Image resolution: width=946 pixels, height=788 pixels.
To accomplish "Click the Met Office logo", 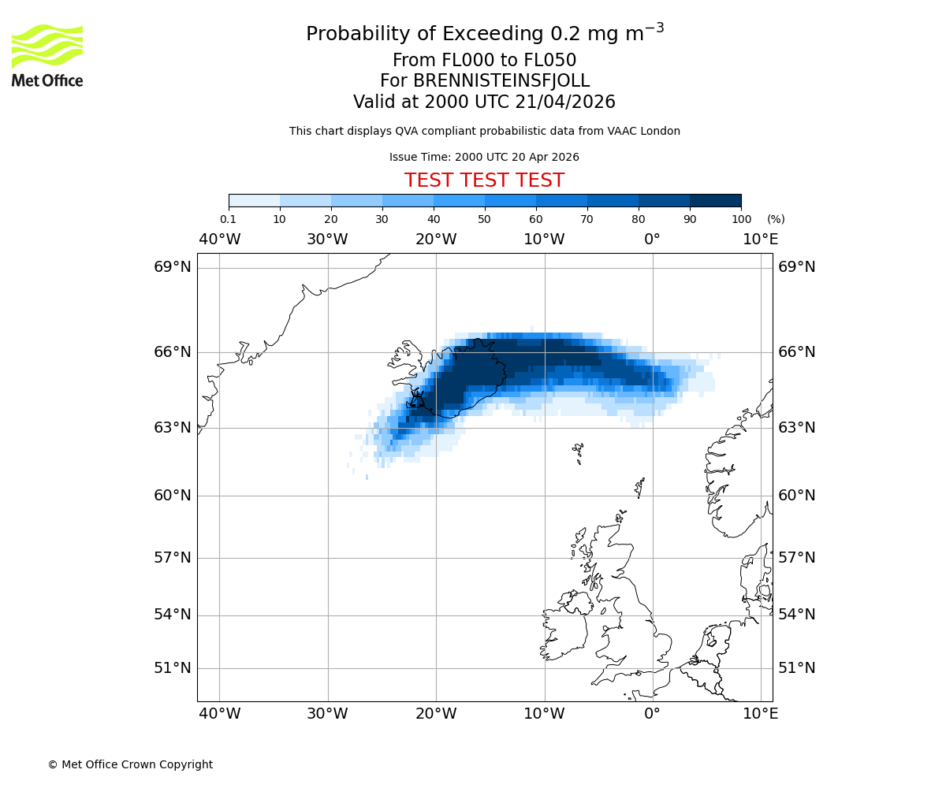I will point(47,55).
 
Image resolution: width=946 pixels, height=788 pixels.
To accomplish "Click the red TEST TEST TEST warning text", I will point(484,180).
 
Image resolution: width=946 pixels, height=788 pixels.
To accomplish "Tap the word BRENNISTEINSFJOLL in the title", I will point(501,81).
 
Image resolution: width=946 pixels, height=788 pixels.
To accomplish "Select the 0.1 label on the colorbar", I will point(228,219).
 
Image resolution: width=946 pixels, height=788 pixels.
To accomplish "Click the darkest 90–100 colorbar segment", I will point(715,200).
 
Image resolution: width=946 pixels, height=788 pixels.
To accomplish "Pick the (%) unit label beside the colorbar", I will point(776,219).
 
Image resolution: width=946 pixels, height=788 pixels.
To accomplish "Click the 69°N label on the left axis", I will point(172,267).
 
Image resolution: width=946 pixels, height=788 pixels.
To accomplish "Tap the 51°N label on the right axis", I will point(797,668).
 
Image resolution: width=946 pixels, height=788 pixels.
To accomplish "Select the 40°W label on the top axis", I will point(219,239).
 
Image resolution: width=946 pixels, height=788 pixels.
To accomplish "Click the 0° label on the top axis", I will point(652,239).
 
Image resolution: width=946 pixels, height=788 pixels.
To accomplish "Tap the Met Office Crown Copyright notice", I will point(130,764).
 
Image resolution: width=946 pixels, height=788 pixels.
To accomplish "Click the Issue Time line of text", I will point(484,157).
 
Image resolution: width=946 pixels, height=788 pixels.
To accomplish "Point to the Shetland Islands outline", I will point(640,487).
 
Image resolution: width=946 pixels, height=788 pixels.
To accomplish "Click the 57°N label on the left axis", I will point(172,558).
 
